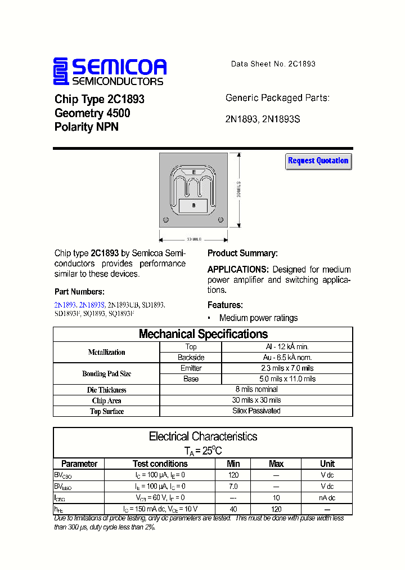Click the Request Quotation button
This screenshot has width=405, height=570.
pyautogui.click(x=318, y=161)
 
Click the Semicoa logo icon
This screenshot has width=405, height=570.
pyautogui.click(x=61, y=72)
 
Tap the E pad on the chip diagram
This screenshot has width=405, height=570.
pyautogui.click(x=194, y=172)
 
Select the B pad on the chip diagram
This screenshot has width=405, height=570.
pyautogui.click(x=193, y=206)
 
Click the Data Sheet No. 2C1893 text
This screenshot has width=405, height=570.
pyautogui.click(x=273, y=64)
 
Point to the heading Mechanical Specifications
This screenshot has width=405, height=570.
pyautogui.click(x=203, y=334)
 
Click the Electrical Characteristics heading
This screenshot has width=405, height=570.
pyautogui.click(x=203, y=437)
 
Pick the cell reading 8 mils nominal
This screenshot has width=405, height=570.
pyautogui.click(x=256, y=389)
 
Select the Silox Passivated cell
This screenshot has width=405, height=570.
pyautogui.click(x=256, y=411)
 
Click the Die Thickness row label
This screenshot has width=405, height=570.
pyautogui.click(x=107, y=390)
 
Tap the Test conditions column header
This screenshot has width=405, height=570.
pyautogui.click(x=160, y=464)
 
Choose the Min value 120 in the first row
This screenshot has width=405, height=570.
pyautogui.click(x=233, y=475)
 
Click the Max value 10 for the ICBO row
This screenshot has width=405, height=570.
pyautogui.click(x=276, y=497)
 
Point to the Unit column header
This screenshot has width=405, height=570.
pyautogui.click(x=327, y=464)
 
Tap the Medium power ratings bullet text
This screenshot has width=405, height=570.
pyautogui.click(x=258, y=318)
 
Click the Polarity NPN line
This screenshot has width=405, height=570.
pyautogui.click(x=87, y=127)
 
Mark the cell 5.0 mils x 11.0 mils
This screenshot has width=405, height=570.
pyautogui.click(x=287, y=378)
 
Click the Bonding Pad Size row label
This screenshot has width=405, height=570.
pyautogui.click(x=107, y=373)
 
